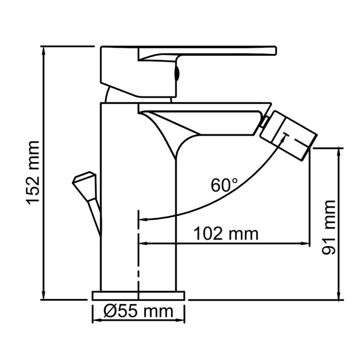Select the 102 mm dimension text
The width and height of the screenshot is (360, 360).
click(x=226, y=234)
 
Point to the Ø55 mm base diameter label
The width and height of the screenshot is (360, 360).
click(x=138, y=311)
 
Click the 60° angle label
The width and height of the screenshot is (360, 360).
click(x=224, y=184)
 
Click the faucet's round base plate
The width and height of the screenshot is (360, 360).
click(x=138, y=296)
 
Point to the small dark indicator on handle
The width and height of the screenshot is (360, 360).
click(x=177, y=72)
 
